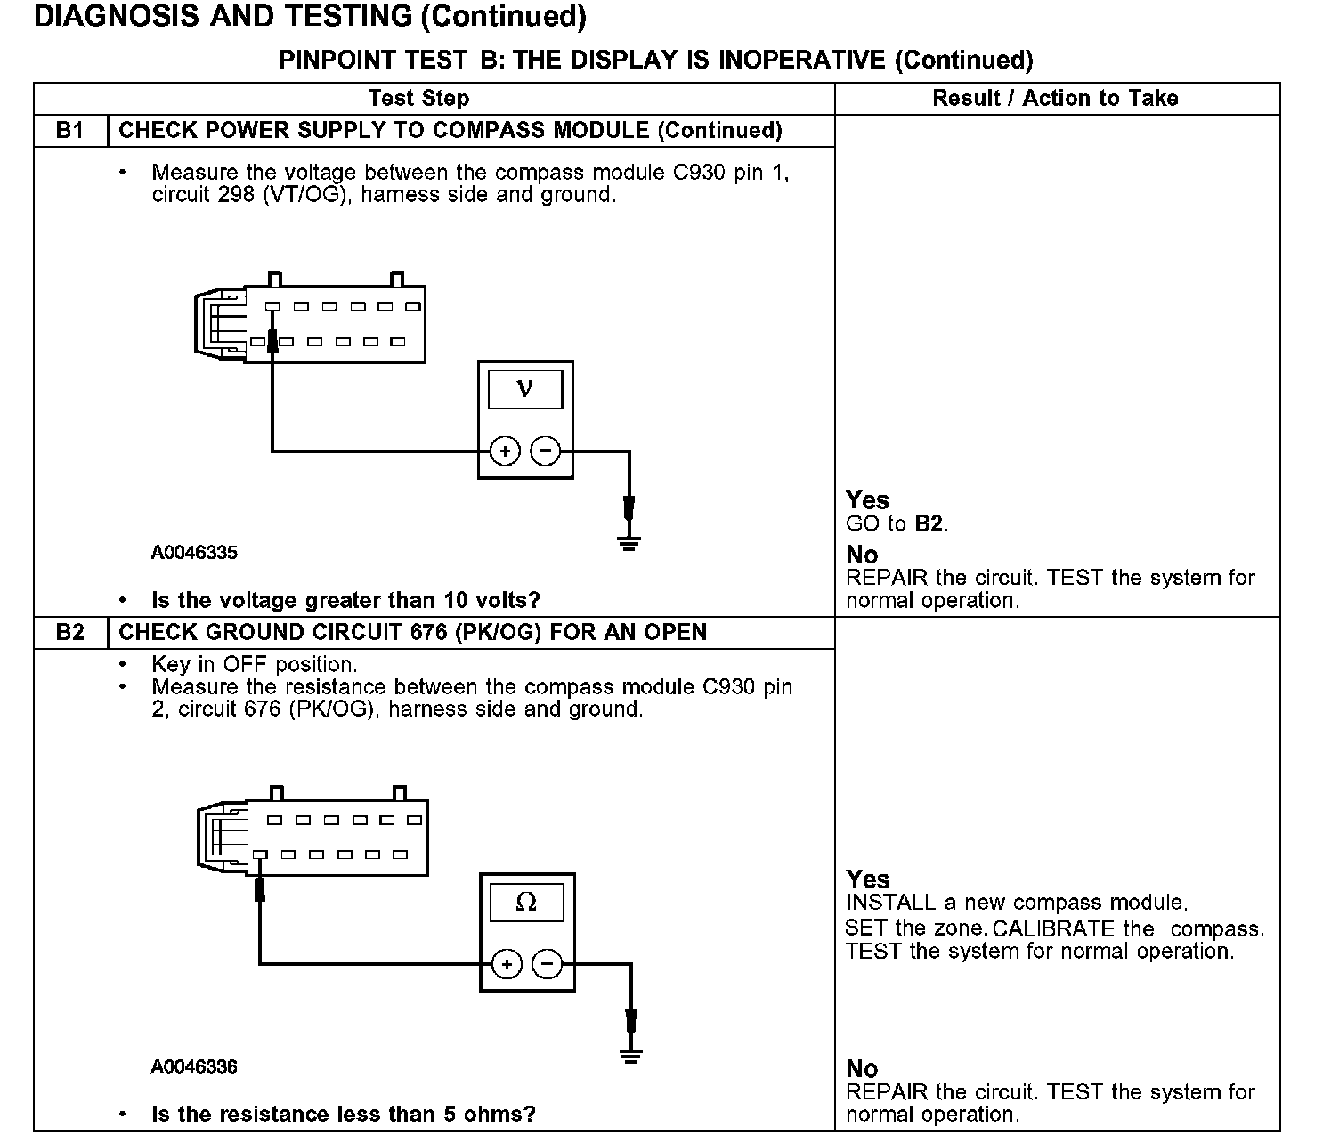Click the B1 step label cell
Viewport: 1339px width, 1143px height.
point(70,131)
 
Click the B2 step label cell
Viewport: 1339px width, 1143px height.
point(70,633)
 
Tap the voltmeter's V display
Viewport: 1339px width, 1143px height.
point(525,389)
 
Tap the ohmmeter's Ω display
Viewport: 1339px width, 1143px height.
point(527,902)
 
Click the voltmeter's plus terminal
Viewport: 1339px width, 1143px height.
point(505,451)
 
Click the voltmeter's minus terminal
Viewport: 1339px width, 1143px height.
point(545,451)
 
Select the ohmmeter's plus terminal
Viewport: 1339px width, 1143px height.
point(507,964)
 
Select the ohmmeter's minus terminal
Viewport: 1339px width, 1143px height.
point(548,964)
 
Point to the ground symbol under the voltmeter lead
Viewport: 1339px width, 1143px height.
point(629,542)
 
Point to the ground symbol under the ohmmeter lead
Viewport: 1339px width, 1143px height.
point(631,1055)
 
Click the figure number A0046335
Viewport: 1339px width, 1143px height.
point(194,553)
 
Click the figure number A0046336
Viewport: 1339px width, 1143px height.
point(194,1066)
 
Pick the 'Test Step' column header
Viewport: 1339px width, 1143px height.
point(418,99)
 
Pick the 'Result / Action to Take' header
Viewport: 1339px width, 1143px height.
point(1055,99)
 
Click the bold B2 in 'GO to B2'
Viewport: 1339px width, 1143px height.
point(929,523)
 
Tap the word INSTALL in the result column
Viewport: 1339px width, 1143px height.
point(891,903)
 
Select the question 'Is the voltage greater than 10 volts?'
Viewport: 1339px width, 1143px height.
point(345,601)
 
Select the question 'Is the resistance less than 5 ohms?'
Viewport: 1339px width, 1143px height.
point(344,1115)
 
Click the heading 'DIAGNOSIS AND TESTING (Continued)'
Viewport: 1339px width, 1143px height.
point(310,17)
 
